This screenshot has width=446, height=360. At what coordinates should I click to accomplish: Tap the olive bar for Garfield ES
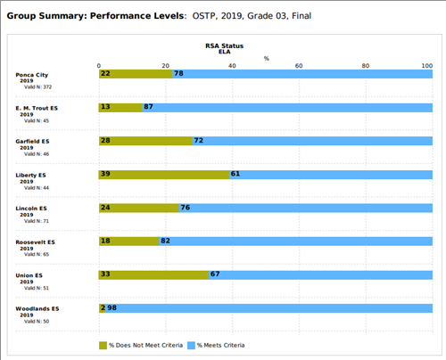click(145, 141)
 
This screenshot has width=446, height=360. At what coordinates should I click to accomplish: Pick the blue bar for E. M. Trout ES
click(287, 107)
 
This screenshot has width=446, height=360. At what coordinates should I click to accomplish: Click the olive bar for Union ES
click(153, 274)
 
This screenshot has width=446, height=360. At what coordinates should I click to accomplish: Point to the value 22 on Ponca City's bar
click(105, 73)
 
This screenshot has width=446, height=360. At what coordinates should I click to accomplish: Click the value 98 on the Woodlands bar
click(112, 308)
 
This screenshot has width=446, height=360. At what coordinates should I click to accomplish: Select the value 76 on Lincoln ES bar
click(186, 208)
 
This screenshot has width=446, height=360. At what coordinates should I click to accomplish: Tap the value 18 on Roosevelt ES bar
click(105, 241)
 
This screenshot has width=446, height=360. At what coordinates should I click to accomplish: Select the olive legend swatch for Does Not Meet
click(103, 345)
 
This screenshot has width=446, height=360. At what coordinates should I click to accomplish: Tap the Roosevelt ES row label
click(36, 242)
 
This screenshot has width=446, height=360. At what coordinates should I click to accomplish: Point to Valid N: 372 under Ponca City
click(38, 86)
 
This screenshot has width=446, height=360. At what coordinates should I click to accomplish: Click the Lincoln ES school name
click(31, 209)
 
